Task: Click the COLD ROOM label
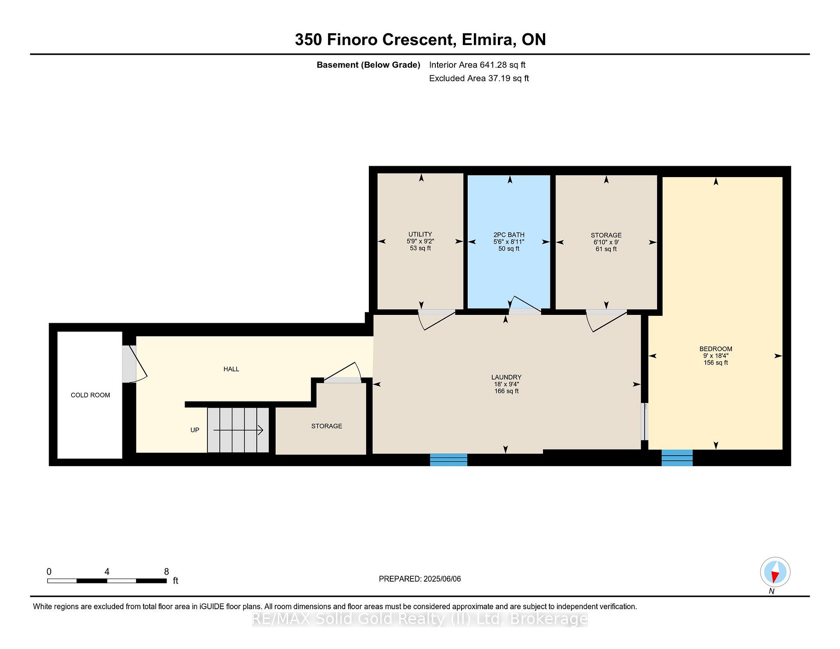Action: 90,395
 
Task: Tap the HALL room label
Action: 231,369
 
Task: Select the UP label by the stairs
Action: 195,430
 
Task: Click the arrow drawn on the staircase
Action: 238,430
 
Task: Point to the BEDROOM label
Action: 716,349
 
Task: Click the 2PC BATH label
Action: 509,235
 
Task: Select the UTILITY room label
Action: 420,234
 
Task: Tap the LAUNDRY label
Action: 506,377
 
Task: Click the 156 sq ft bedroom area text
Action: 716,363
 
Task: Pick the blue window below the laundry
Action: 448,460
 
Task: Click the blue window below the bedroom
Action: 677,458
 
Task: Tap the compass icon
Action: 775,572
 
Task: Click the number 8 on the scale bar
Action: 166,572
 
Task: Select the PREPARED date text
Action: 420,579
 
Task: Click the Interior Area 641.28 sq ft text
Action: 477,65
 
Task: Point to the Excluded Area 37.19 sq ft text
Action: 479,78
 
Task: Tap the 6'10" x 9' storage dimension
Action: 606,242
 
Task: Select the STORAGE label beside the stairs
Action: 327,426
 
